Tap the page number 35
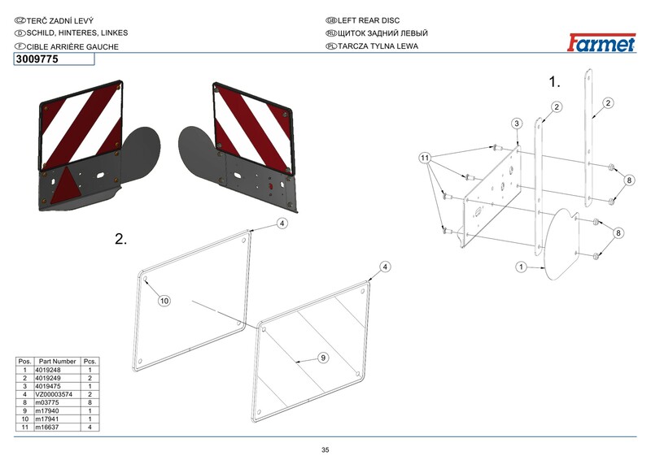325,450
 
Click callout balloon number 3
516,123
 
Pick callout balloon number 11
424,157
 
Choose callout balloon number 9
322,357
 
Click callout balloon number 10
164,301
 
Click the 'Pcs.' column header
90,362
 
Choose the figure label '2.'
121,239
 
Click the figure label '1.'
556,81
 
